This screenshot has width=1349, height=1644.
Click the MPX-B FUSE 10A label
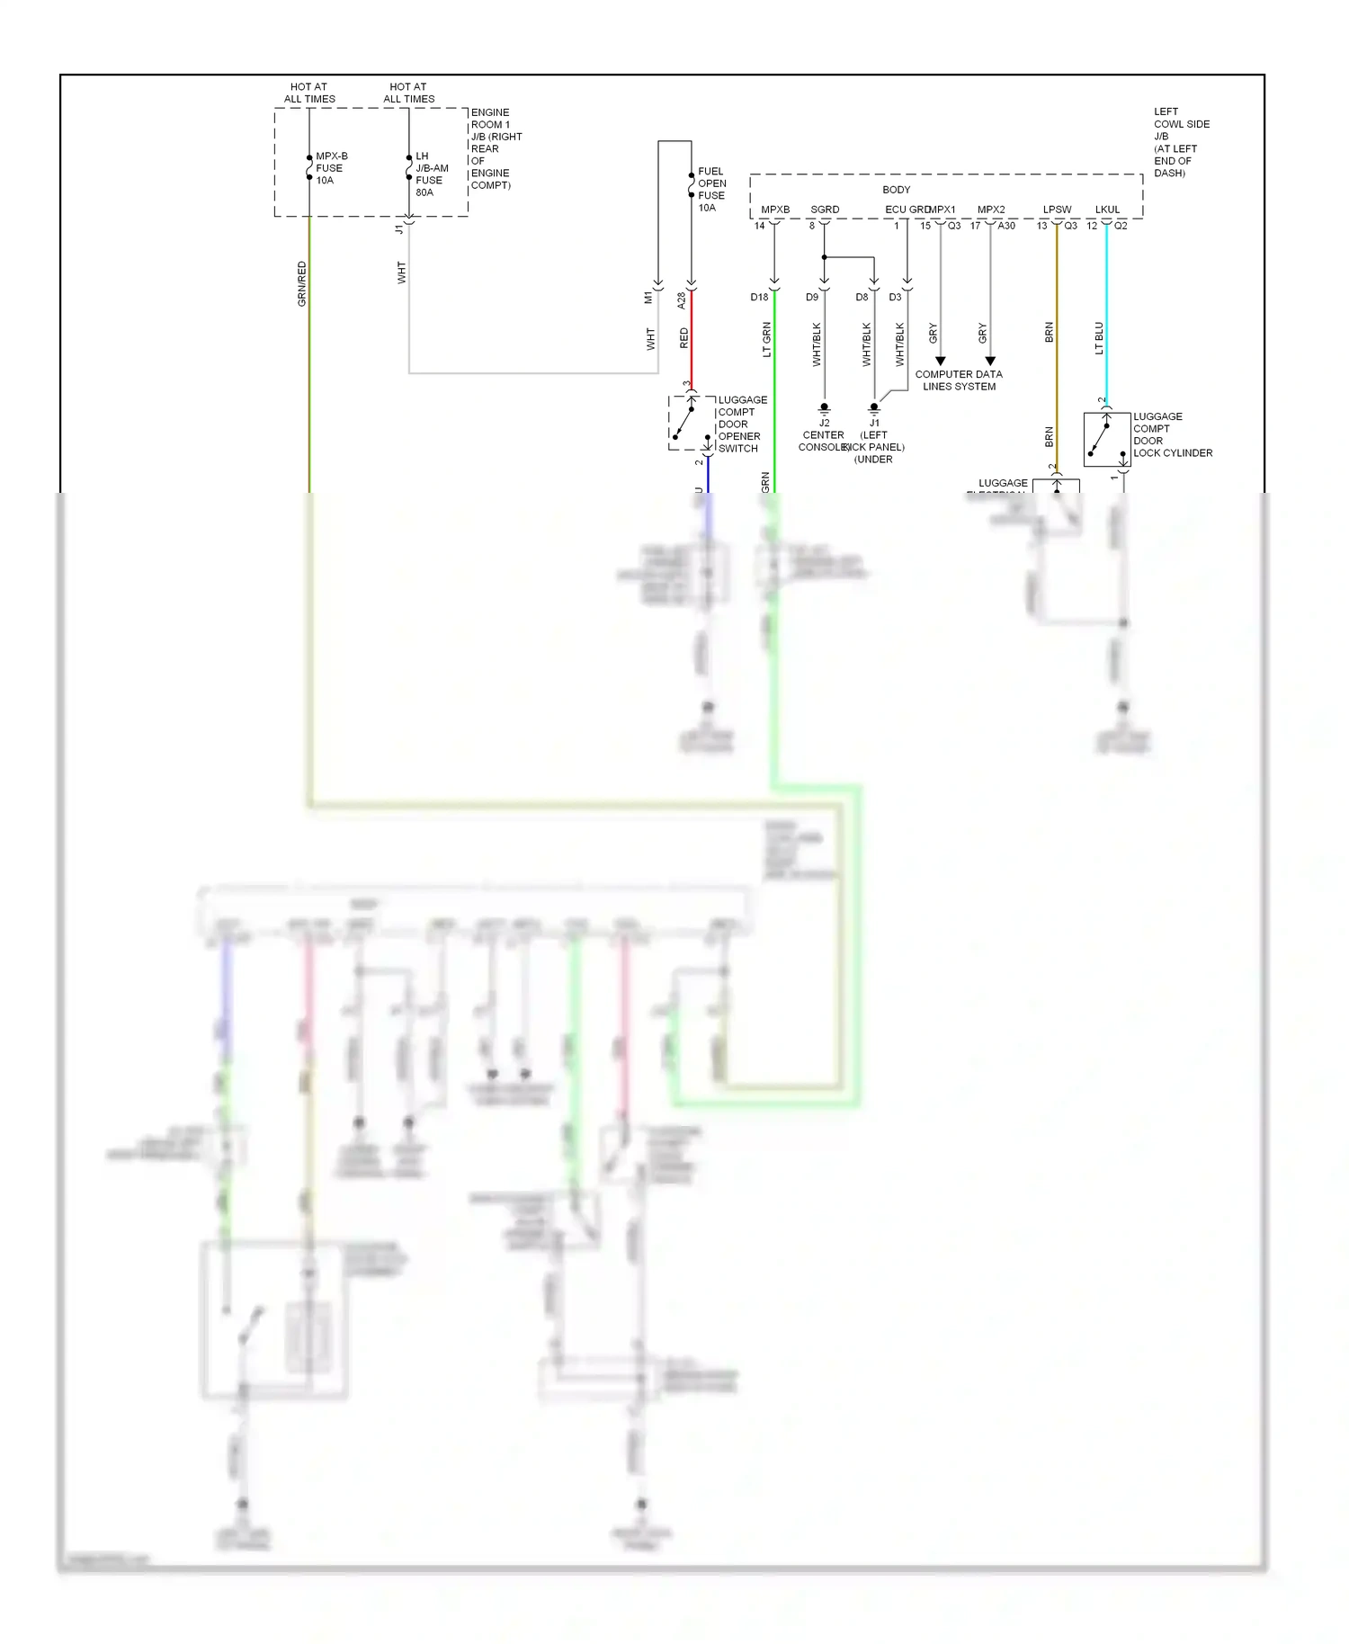(330, 168)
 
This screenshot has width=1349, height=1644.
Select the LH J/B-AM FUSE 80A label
(431, 174)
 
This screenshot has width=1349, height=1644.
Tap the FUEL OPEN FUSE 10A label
(711, 189)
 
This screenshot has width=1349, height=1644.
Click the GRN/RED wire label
(302, 283)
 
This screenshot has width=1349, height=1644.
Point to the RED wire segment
(691, 337)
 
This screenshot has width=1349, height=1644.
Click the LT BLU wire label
(1099, 337)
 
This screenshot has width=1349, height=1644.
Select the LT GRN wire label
(767, 339)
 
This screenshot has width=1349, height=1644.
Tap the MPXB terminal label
(775, 210)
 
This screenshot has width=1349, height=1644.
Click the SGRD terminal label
(825, 210)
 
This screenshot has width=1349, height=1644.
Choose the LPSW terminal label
(1057, 210)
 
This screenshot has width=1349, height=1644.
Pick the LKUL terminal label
(1107, 210)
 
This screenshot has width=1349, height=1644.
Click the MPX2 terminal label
(991, 210)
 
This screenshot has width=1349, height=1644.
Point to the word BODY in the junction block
(896, 190)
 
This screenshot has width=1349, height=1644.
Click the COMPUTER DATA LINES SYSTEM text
(959, 380)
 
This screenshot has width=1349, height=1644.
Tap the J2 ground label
(824, 423)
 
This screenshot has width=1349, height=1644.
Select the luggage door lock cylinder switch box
(1106, 439)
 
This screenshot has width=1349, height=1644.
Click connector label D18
(760, 297)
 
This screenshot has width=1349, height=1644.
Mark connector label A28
(682, 300)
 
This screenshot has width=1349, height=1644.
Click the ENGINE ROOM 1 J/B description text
(496, 148)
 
